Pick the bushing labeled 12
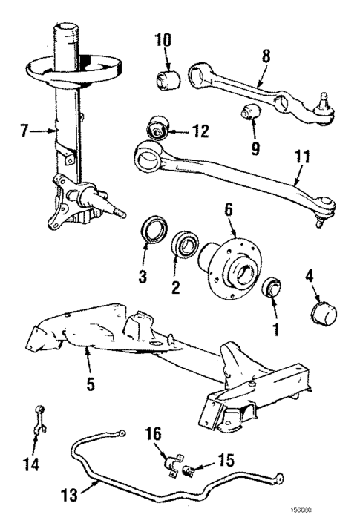pos(159,128)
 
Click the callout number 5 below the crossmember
pos(91,384)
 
